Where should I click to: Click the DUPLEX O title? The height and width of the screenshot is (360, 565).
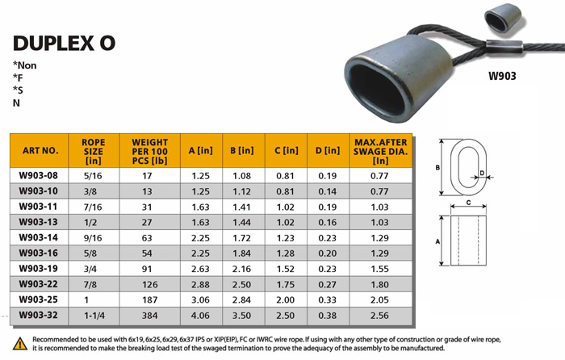[x=64, y=44]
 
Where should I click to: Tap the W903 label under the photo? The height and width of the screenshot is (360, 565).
[x=502, y=76]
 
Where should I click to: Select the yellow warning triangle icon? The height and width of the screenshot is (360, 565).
[x=20, y=344]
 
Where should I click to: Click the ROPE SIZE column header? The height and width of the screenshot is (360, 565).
[x=94, y=152]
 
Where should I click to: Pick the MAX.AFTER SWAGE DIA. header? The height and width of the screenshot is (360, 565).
[x=380, y=152]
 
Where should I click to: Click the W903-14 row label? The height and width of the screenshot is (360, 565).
[x=38, y=237]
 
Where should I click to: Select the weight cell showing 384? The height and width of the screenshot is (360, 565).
[x=149, y=316]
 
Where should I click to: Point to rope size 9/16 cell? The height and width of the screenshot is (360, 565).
[x=93, y=238]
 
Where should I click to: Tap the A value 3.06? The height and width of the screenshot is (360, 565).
[x=200, y=299]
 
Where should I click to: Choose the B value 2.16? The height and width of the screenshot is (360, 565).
[x=241, y=269]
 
